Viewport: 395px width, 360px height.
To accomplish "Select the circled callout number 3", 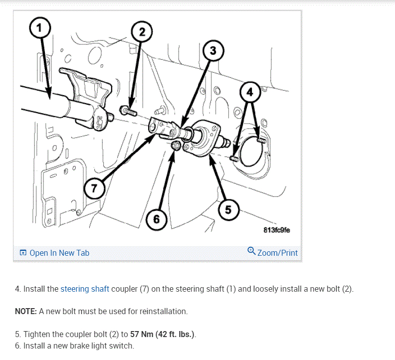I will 213,51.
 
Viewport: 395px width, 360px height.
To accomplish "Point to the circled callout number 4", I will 250,92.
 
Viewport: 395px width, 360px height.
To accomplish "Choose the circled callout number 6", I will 156,219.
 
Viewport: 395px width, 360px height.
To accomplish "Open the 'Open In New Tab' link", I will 59,253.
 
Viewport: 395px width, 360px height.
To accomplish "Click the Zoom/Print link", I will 277,253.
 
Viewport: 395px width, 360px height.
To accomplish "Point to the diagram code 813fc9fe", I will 276,230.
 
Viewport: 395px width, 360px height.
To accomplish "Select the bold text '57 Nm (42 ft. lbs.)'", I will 163,334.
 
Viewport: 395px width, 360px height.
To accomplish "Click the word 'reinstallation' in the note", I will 164,312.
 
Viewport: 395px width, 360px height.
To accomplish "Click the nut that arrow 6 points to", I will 175,146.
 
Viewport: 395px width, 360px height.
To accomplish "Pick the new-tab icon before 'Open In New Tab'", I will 23,253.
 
